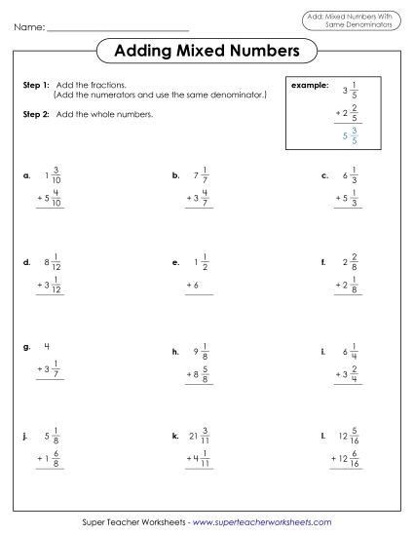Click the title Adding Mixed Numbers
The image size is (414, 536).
pos(207,50)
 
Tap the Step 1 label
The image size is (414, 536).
pos(36,86)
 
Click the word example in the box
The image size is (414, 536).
pos(309,86)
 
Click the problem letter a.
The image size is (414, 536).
pos(26,177)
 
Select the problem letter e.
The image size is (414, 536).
pos(175,263)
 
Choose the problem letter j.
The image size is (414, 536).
pos(26,435)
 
